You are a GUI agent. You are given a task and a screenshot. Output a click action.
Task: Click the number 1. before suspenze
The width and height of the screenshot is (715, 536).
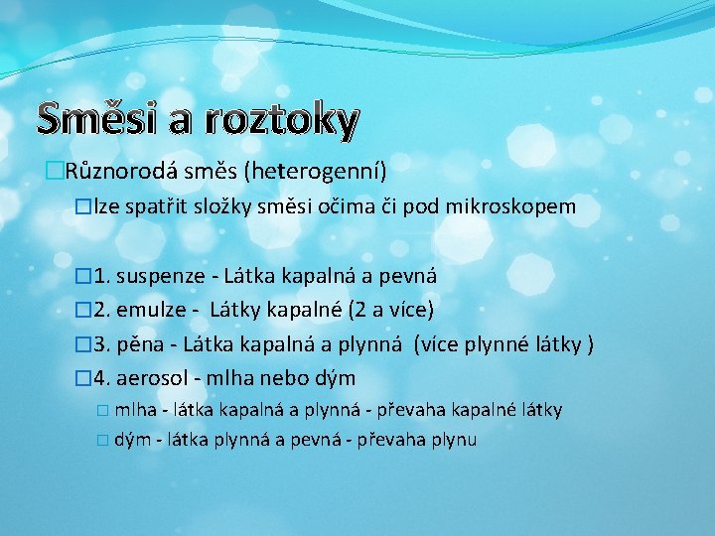(102, 275)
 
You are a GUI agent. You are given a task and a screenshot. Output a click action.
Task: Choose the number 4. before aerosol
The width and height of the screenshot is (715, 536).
(102, 378)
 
